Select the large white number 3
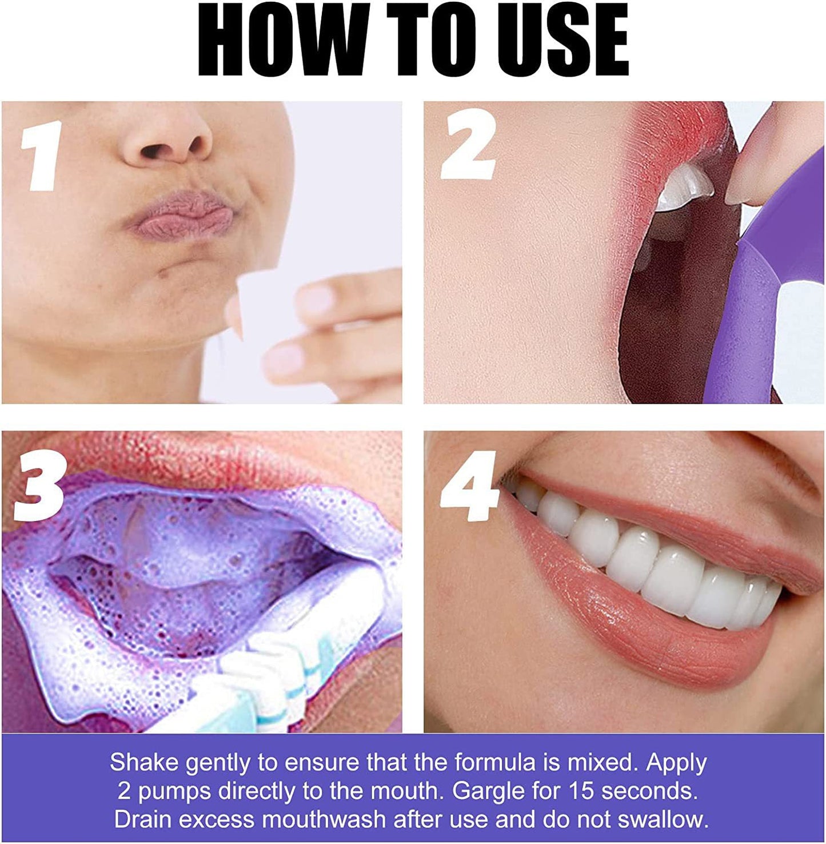pyautogui.click(x=38, y=486)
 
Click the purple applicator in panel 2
pyautogui.click(x=737, y=320)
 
